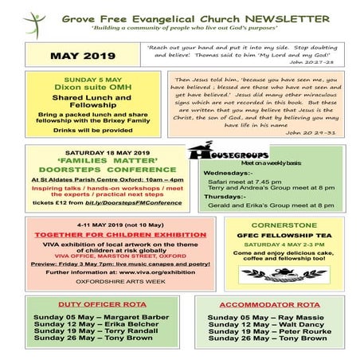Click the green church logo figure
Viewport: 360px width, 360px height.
click(x=34, y=22)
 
